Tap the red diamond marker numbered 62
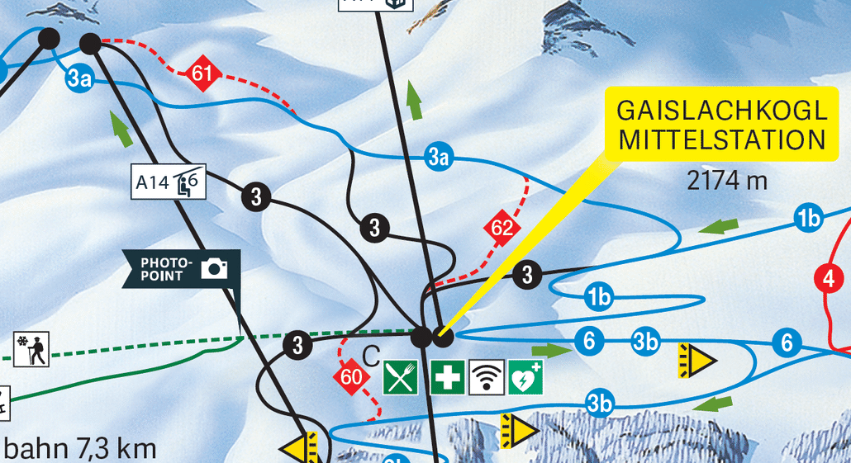pyautogui.click(x=502, y=228)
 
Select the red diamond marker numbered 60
pyautogui.click(x=350, y=378)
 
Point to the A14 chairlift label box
pyautogui.click(x=169, y=181)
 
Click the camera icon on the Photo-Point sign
pyautogui.click(x=216, y=268)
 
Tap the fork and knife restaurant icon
pyautogui.click(x=402, y=377)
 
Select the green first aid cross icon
pyautogui.click(x=448, y=377)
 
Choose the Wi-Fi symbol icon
pyautogui.click(x=487, y=377)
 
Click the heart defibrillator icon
pyautogui.click(x=525, y=377)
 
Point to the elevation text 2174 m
pyautogui.click(x=727, y=181)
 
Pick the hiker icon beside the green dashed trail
pyautogui.click(x=31, y=349)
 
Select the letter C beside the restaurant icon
pyautogui.click(x=371, y=357)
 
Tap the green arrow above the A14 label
pyautogui.click(x=122, y=130)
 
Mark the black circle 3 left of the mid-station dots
pyautogui.click(x=297, y=345)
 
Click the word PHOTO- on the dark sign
pyautogui.click(x=165, y=262)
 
